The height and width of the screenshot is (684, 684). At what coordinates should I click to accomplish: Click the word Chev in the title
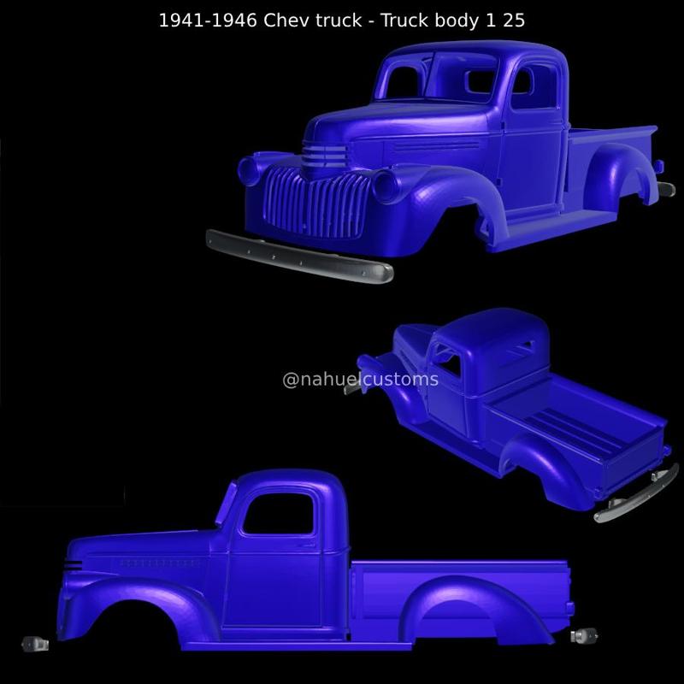point(288,21)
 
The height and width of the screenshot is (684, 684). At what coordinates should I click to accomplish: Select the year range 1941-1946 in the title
point(208,21)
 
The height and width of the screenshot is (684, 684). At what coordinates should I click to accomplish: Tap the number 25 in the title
point(513,21)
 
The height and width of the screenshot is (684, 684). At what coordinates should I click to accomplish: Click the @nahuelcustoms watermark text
point(360,379)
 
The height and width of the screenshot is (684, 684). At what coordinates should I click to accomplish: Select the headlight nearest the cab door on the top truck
point(386,185)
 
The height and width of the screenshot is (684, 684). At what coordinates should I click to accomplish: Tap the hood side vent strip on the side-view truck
point(158,563)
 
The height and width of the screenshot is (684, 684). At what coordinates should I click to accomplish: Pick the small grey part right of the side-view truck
point(585,635)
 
